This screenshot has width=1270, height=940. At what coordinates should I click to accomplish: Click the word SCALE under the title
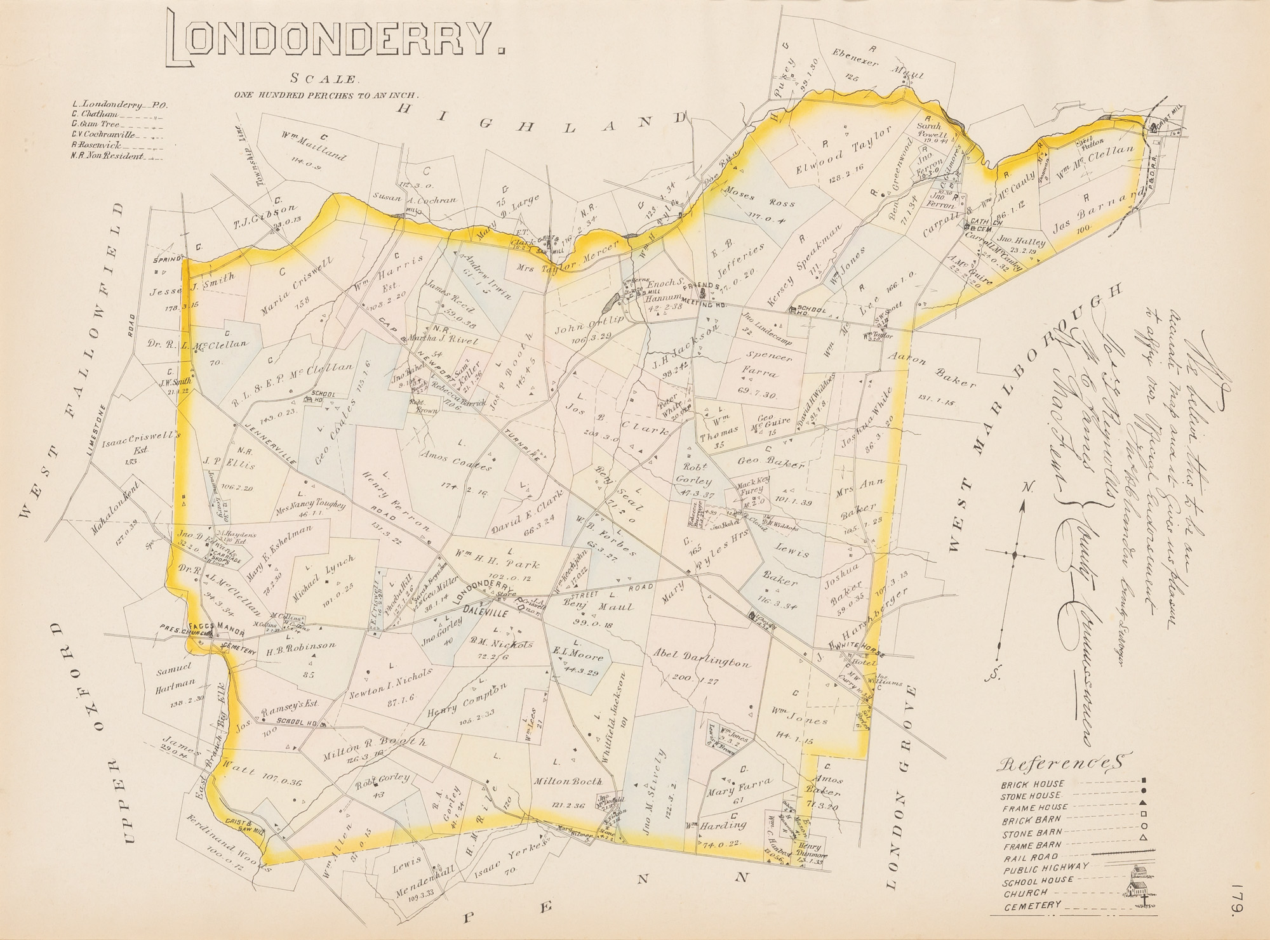click(x=324, y=79)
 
